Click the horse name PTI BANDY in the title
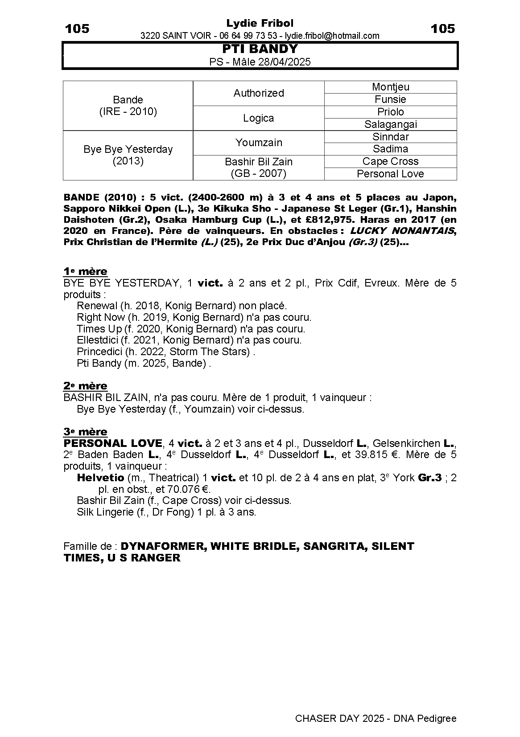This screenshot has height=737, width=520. pyautogui.click(x=260, y=49)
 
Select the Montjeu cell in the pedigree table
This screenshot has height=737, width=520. pyautogui.click(x=390, y=87)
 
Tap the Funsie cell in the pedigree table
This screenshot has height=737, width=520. pyautogui.click(x=390, y=99)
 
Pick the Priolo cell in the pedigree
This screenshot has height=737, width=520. pyautogui.click(x=390, y=112)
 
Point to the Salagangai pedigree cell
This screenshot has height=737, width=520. pyautogui.click(x=390, y=124)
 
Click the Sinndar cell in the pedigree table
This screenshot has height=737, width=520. pyautogui.click(x=390, y=137)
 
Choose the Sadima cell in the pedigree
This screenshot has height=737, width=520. pyautogui.click(x=390, y=149)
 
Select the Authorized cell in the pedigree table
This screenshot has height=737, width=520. pyautogui.click(x=259, y=93)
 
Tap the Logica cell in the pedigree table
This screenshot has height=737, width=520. pyautogui.click(x=259, y=118)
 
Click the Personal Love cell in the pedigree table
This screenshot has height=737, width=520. pyautogui.click(x=390, y=174)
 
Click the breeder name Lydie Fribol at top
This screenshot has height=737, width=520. pyautogui.click(x=260, y=23)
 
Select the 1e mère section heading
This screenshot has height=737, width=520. pyautogui.click(x=85, y=271)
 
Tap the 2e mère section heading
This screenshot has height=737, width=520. pyautogui.click(x=85, y=386)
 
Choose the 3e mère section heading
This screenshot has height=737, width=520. pyautogui.click(x=85, y=432)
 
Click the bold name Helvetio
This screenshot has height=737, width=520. pyautogui.click(x=100, y=478)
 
